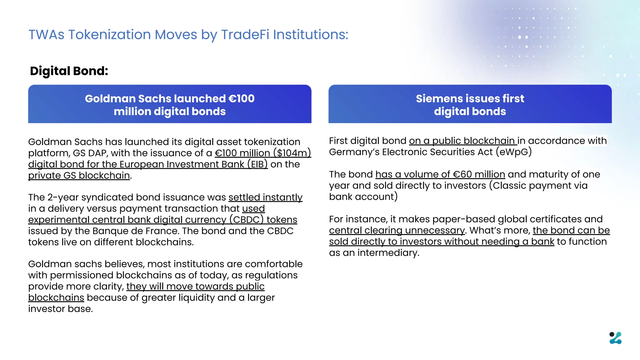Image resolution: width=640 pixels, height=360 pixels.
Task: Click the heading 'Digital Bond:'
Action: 69,71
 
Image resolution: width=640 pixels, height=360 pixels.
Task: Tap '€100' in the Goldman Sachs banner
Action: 241,99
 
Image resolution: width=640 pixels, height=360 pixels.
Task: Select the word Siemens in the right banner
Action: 435,99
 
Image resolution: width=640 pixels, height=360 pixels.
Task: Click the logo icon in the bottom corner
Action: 615,338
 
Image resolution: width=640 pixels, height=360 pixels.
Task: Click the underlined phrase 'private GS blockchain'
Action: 79,176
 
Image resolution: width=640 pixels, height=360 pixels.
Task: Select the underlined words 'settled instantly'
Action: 265,197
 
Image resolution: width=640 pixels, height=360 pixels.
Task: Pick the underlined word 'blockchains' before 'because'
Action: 56,298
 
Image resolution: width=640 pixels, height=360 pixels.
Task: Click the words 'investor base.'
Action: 60,309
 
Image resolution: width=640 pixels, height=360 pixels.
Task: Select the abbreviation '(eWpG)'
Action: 513,152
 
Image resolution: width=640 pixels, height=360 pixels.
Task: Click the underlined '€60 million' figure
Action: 479,174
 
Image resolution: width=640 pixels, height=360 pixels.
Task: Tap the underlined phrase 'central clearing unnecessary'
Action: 397,231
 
